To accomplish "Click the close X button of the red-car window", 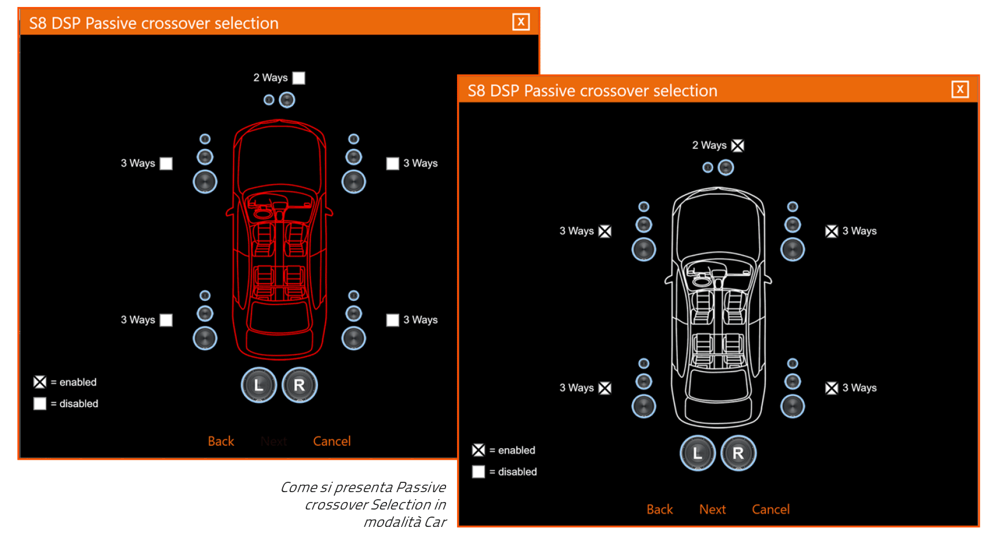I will (x=521, y=22).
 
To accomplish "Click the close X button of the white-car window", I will (x=959, y=89).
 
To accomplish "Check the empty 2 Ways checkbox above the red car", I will (x=298, y=78).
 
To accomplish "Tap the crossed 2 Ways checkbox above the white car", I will (x=737, y=145).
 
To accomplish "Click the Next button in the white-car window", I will (x=712, y=509).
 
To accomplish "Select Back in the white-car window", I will (x=659, y=509).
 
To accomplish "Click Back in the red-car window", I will (x=221, y=441).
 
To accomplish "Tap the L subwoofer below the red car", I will (x=258, y=385).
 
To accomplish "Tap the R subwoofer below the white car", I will (x=738, y=453).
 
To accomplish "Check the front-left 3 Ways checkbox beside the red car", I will (x=166, y=163).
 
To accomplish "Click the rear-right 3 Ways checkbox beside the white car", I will (x=831, y=388).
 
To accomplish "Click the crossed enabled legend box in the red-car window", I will (x=40, y=382).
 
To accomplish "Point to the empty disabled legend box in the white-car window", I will (x=478, y=471).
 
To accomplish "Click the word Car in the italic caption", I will (x=435, y=522).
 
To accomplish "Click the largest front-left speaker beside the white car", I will (x=643, y=249).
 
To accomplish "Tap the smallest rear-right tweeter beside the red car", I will (x=353, y=296).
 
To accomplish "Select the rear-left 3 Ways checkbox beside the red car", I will (x=166, y=320).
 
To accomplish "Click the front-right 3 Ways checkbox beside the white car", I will (x=831, y=231).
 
